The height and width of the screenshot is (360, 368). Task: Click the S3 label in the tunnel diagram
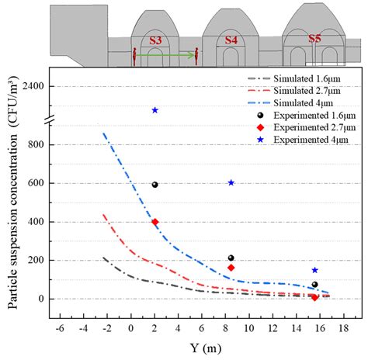(x=155, y=40)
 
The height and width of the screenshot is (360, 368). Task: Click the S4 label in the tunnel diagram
(x=231, y=40)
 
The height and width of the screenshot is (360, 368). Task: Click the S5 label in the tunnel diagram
(x=314, y=38)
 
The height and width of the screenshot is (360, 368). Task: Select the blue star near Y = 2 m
(x=155, y=110)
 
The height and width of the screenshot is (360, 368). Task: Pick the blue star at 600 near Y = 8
(x=231, y=182)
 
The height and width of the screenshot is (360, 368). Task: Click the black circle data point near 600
(x=155, y=185)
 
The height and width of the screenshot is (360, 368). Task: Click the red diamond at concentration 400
(x=155, y=222)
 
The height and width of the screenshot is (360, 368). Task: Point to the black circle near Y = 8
(x=231, y=258)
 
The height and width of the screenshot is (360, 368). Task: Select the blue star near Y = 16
(x=314, y=270)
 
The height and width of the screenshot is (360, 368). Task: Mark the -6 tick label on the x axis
(x=59, y=328)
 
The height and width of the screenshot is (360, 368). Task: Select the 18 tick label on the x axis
(x=348, y=328)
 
